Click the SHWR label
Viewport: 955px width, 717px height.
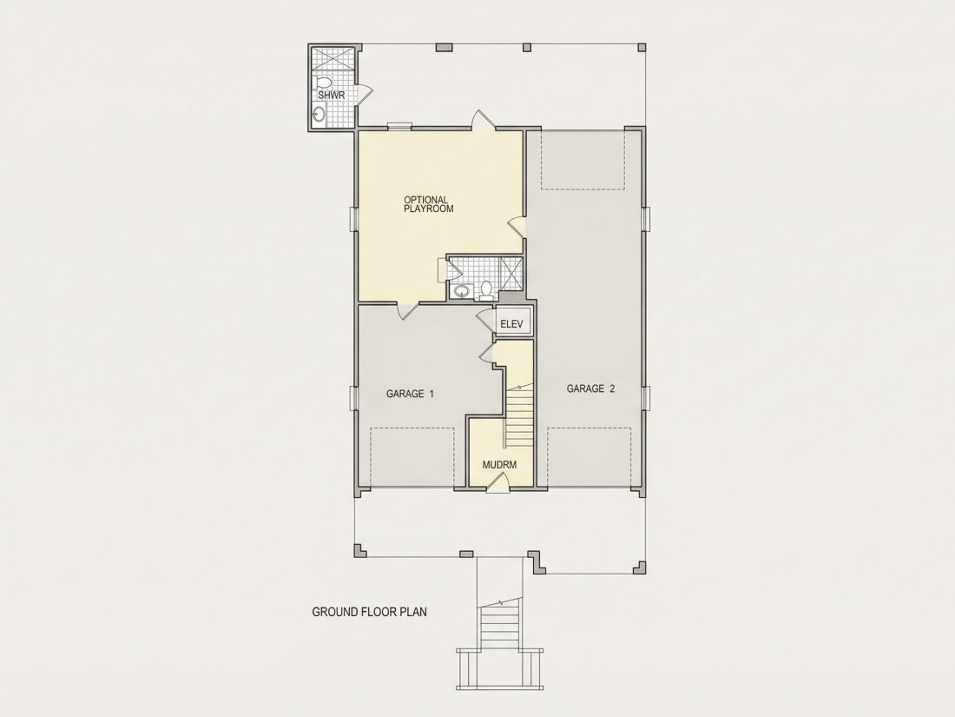click(x=332, y=96)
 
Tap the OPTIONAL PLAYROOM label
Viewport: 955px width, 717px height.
click(x=429, y=203)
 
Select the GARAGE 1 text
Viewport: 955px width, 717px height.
click(x=410, y=394)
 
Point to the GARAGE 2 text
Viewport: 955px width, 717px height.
click(x=590, y=388)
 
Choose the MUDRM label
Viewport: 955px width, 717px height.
click(x=499, y=465)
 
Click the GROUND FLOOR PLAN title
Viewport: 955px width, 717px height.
click(x=369, y=612)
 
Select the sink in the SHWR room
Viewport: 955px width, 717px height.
click(x=319, y=113)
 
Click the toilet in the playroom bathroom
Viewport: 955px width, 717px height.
click(x=486, y=289)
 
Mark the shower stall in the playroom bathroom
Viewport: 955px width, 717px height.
click(x=510, y=272)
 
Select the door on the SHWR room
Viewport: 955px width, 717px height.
click(x=364, y=92)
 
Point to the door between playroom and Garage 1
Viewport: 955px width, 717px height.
click(x=407, y=311)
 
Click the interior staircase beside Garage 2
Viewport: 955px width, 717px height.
click(x=518, y=415)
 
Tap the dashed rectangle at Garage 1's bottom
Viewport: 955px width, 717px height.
click(x=412, y=457)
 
